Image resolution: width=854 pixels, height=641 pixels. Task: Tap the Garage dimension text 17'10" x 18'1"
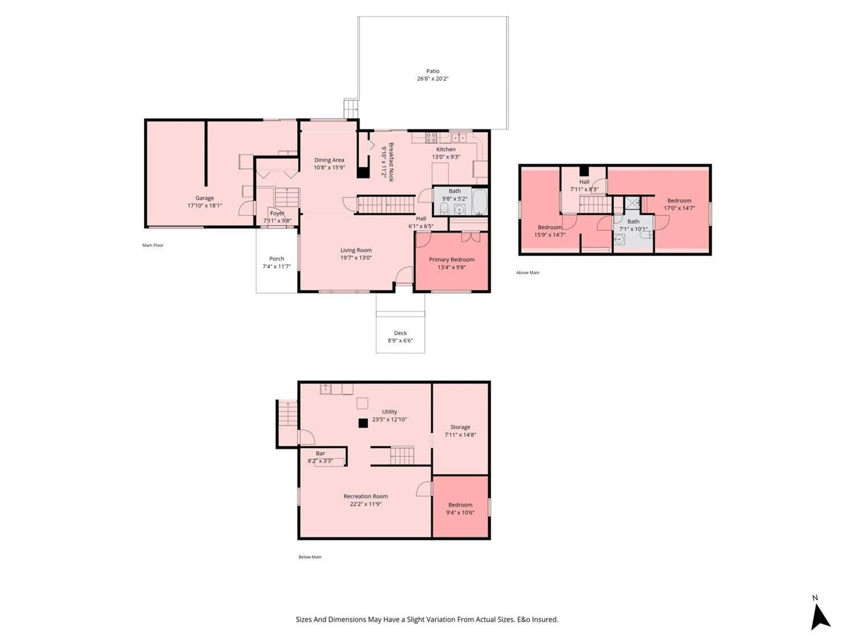coord(205,206)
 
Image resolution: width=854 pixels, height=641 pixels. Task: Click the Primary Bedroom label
coord(451,260)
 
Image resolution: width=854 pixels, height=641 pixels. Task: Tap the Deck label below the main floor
coord(400,333)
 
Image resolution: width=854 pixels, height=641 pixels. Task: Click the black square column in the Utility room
coord(363,423)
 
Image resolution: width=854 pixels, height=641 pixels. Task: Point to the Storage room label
coord(460,427)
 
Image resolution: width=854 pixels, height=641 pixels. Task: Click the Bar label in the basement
coord(320,453)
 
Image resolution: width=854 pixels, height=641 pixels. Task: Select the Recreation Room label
coord(366,496)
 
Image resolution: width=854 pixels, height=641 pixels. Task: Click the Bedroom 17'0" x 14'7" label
coord(679,201)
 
